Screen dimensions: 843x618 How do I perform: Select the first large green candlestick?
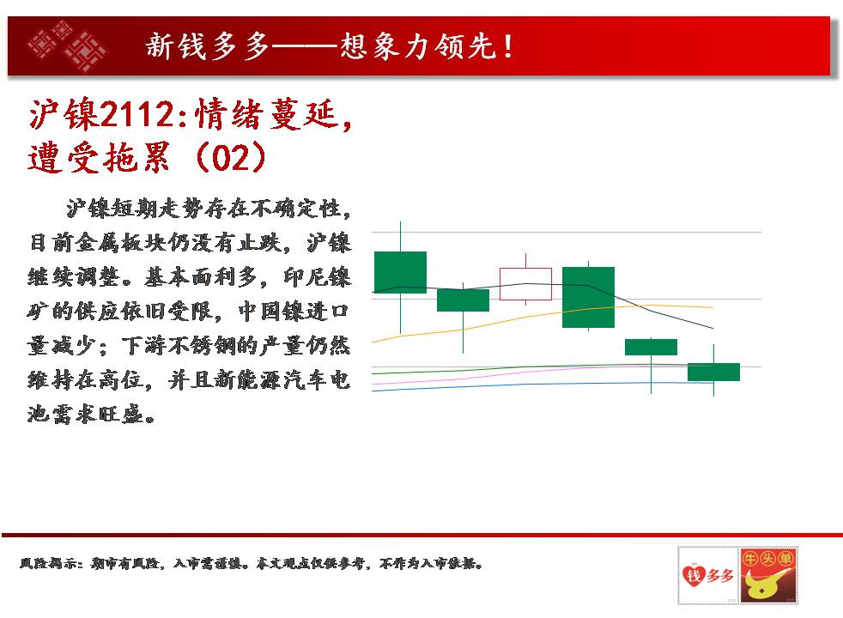coord(401,272)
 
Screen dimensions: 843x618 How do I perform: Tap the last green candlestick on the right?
coord(713,372)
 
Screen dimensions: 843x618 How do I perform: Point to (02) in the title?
coord(231,157)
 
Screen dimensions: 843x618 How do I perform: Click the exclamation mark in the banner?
coord(508,46)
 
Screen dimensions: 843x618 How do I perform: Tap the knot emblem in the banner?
coord(67,46)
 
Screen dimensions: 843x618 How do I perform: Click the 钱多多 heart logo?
coord(707,576)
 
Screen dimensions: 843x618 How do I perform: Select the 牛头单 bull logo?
coord(768,576)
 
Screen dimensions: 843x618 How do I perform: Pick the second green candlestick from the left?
coord(463,300)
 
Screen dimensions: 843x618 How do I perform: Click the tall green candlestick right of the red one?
coord(588,297)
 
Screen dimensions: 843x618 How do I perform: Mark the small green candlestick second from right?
coord(651,347)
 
